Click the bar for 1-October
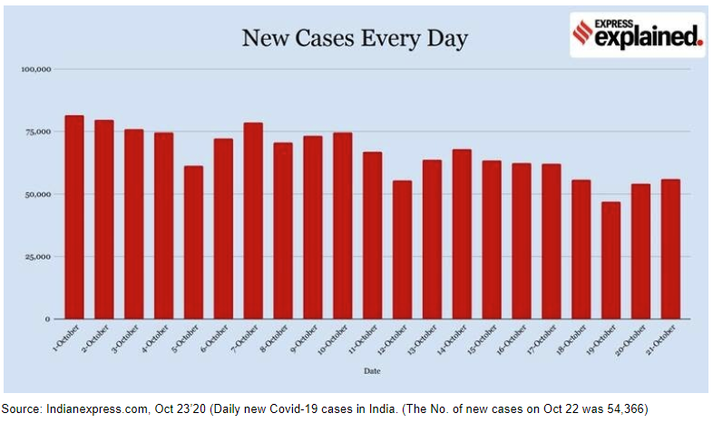(74, 218)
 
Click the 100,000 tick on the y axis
(37, 69)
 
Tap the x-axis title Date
(373, 371)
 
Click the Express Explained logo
(637, 34)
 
